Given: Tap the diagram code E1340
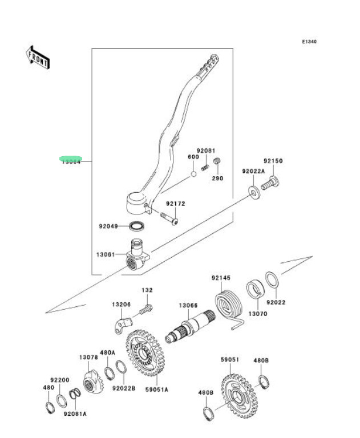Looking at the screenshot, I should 309,42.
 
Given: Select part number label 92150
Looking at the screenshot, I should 273,161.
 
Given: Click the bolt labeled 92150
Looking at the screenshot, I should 270,184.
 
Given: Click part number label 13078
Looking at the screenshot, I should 88,358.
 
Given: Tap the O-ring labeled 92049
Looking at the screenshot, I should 136,226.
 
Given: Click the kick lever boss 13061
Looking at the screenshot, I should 137,255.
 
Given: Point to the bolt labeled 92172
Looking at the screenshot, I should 168,217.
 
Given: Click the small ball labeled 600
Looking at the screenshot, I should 193,173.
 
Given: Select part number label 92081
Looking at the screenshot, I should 206,151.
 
